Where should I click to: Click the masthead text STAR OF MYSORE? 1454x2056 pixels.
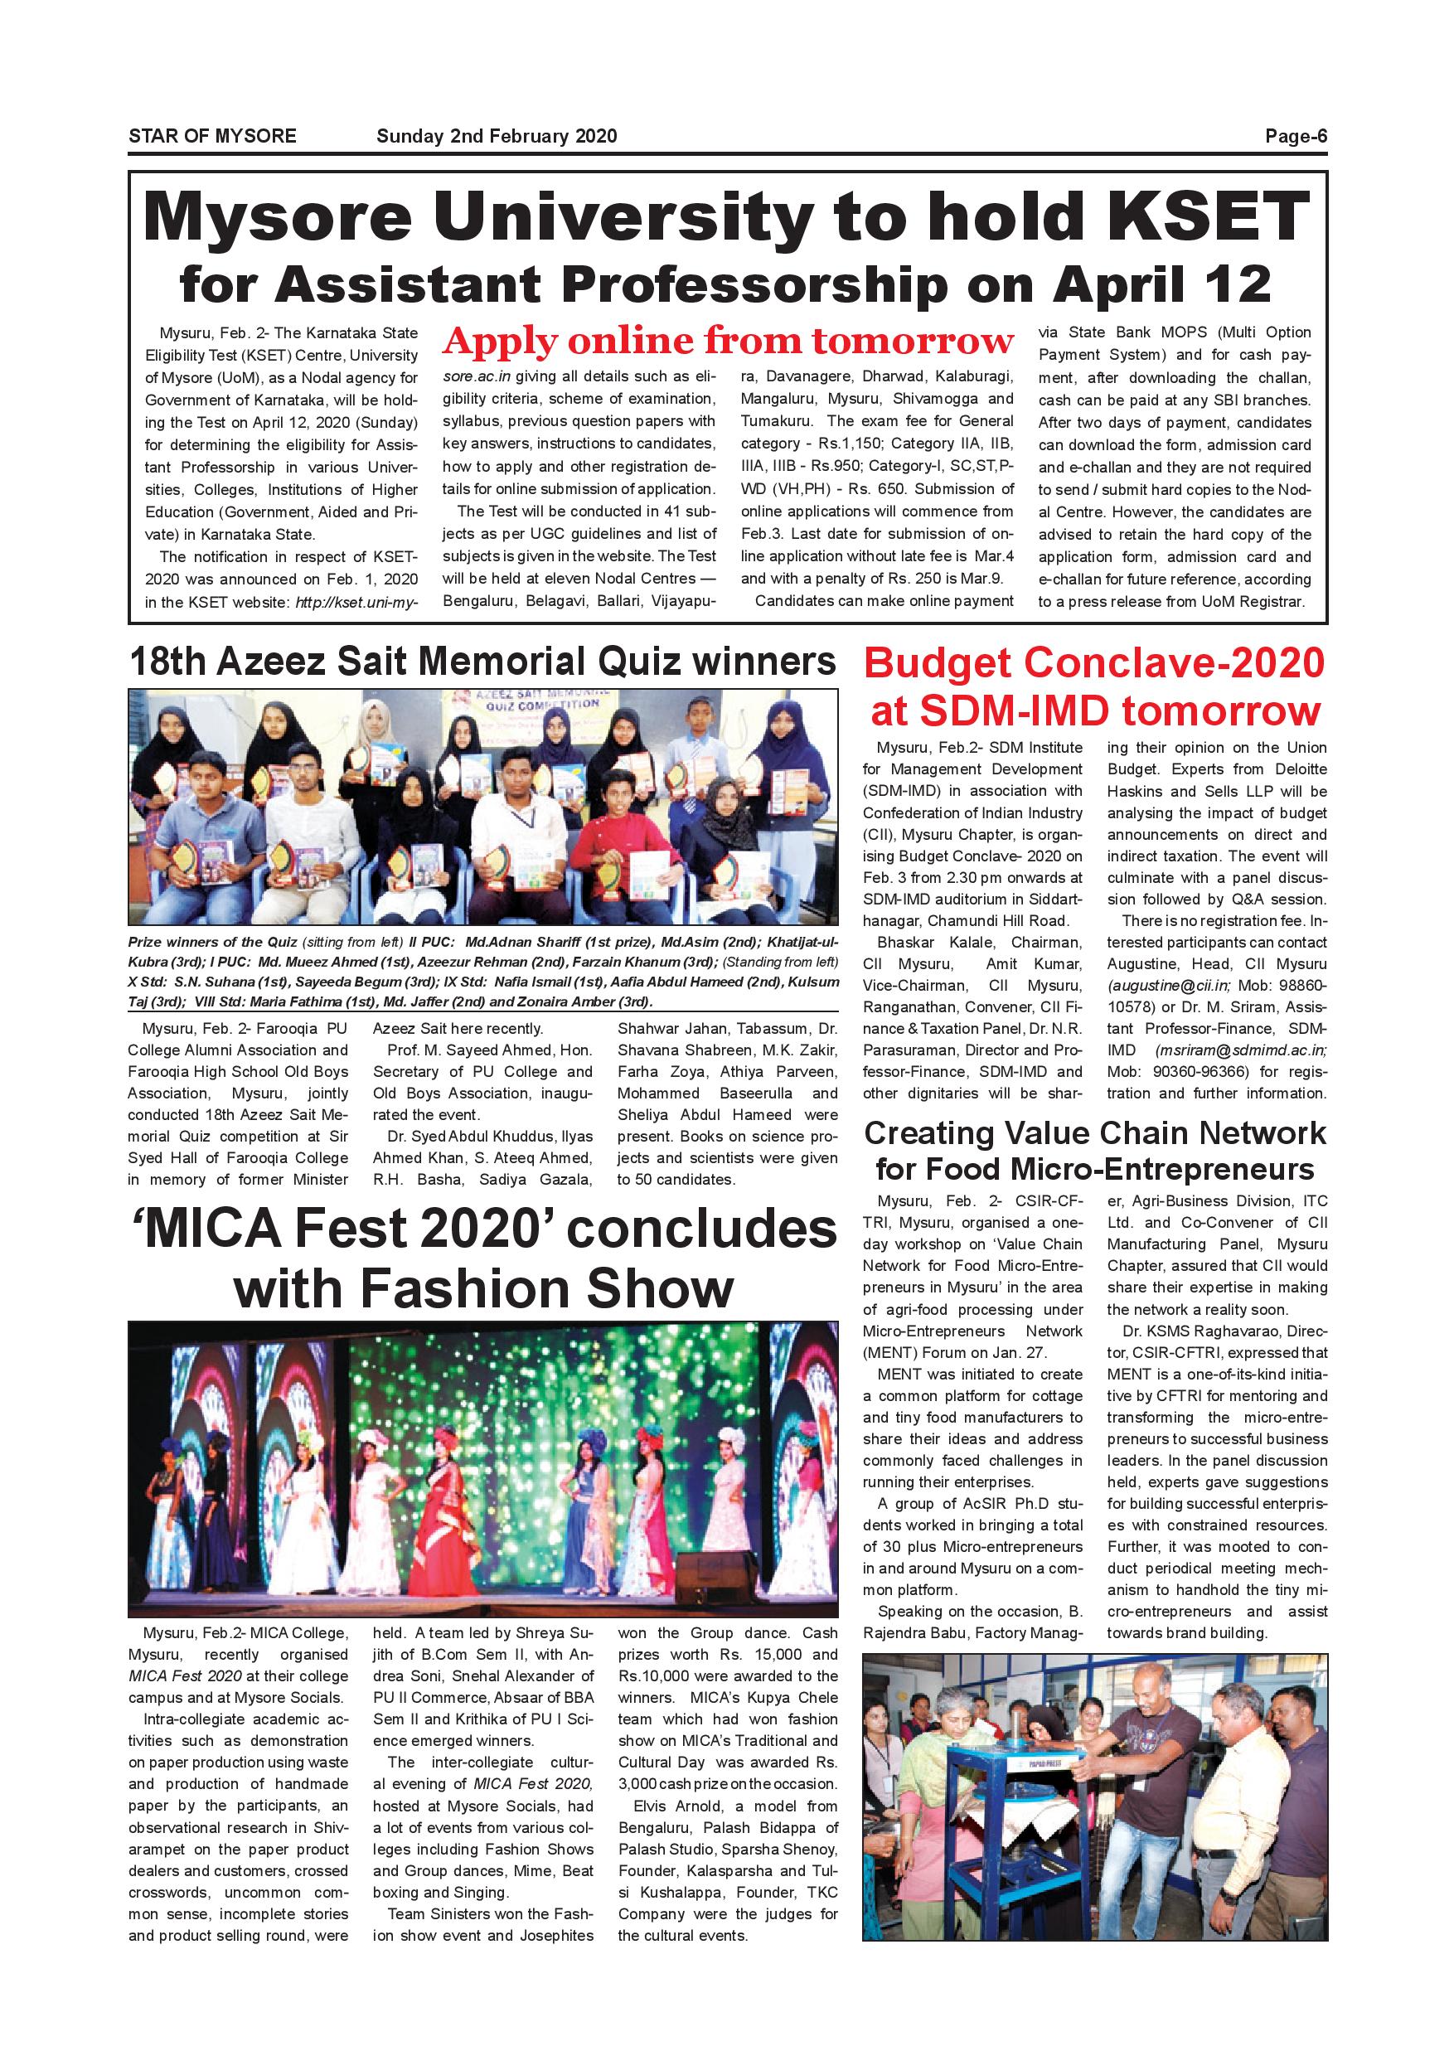click(x=212, y=136)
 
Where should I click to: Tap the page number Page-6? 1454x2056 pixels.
click(x=1296, y=136)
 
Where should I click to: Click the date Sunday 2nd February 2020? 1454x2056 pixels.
click(x=496, y=136)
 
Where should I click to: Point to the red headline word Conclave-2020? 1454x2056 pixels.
click(x=1174, y=664)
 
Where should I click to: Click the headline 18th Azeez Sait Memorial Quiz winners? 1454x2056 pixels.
click(x=482, y=662)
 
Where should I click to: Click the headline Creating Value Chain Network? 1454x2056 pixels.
click(x=1094, y=1132)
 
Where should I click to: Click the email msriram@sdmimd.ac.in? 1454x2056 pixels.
click(x=1241, y=1050)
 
